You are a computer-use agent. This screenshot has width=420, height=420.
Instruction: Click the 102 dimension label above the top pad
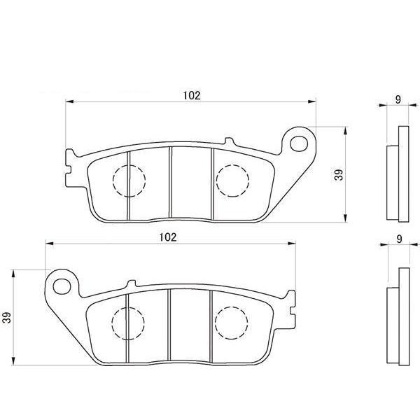point(192,95)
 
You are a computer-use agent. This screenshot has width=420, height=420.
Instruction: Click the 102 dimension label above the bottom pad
point(168,237)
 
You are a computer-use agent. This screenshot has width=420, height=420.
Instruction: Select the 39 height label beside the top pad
point(339,175)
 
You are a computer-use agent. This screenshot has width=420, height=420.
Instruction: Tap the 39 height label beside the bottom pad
point(7,317)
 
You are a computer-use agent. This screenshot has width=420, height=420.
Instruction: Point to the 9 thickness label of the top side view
point(398,99)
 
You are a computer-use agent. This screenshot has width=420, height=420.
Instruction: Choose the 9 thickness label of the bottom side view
point(399,239)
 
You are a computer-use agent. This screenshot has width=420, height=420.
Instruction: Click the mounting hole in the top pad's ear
point(299,143)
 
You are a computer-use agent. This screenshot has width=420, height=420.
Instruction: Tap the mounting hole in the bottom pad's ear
point(62,286)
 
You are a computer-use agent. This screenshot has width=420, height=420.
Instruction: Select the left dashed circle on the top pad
point(129,181)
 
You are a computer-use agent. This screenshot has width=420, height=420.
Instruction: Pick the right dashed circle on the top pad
point(232,181)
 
